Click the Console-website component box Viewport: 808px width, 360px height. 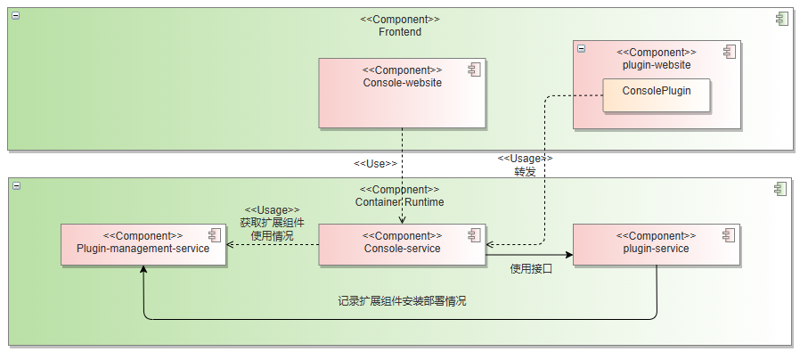pyautogui.click(x=402, y=94)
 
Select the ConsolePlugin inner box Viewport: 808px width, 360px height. pyautogui.click(x=656, y=94)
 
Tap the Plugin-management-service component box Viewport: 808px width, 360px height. pyautogui.click(x=143, y=244)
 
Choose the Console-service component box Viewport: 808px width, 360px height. pyautogui.click(x=402, y=244)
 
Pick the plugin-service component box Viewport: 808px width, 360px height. pyautogui.click(x=656, y=244)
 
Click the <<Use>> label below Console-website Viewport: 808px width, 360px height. pyautogui.click(x=375, y=164)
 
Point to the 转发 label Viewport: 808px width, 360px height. pyautogui.click(x=525, y=172)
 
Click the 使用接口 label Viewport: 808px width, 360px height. pyautogui.click(x=531, y=269)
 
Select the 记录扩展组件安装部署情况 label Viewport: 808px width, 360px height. pyautogui.click(x=402, y=301)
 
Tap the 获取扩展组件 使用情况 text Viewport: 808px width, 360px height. pyautogui.click(x=272, y=230)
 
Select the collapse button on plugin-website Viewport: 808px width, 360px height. pyautogui.click(x=582, y=49)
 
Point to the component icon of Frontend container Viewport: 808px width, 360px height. pyautogui.click(x=781, y=19)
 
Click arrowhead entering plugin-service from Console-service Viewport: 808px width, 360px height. pyautogui.click(x=568, y=262)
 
